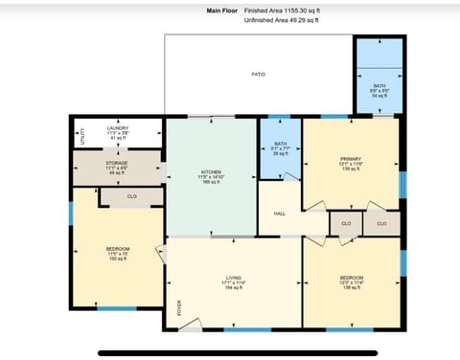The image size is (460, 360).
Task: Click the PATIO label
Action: point(258,74)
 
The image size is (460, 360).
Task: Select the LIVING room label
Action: point(234,278)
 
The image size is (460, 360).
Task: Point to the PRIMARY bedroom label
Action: point(351,156)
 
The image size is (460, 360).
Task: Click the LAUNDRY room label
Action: point(118,128)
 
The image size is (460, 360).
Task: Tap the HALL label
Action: point(280,214)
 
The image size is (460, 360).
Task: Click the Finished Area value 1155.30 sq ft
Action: point(300,11)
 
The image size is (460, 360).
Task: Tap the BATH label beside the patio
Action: point(379,86)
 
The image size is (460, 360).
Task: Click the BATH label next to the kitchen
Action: point(280,147)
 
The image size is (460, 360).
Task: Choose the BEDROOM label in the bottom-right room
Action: point(351,278)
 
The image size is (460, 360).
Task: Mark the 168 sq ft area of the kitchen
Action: point(211,182)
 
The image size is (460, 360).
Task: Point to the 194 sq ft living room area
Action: point(234,288)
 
